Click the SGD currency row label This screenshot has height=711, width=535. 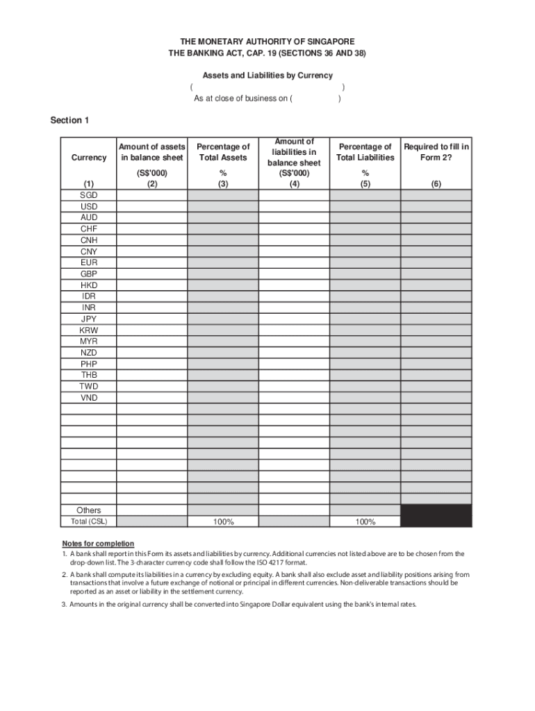(x=88, y=195)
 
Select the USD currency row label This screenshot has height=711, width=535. (x=88, y=206)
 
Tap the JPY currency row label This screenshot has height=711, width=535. (x=88, y=319)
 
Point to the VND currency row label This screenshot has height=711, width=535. (x=88, y=398)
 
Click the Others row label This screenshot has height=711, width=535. (x=88, y=510)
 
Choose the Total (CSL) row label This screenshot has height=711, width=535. (x=88, y=521)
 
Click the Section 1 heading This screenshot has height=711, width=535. (x=69, y=121)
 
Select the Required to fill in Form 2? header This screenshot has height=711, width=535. (x=436, y=151)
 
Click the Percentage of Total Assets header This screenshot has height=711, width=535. (x=223, y=151)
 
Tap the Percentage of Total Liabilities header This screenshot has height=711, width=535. (x=365, y=151)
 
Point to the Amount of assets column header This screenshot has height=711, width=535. (x=151, y=151)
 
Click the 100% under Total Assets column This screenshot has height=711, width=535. (x=223, y=522)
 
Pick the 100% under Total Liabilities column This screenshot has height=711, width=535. (x=365, y=522)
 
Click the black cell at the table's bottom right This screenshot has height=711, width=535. (x=436, y=516)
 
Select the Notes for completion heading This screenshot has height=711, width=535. (x=98, y=543)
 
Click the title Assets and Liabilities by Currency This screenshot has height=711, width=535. (x=267, y=75)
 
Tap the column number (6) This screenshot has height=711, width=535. (x=436, y=184)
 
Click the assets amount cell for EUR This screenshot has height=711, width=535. (x=151, y=262)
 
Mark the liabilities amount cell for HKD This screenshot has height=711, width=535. (x=294, y=285)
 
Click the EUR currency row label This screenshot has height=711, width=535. (x=88, y=262)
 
